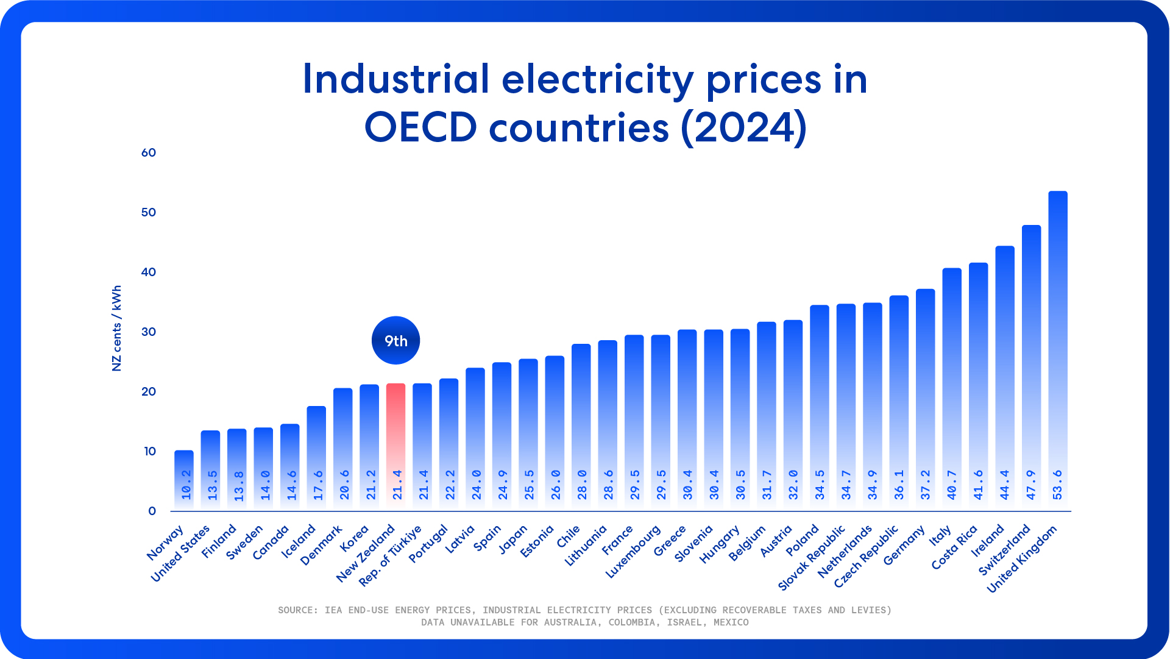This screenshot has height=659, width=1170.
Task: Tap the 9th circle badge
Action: (x=395, y=340)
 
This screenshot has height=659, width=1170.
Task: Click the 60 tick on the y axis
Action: (x=149, y=152)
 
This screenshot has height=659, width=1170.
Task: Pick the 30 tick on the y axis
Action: (x=149, y=332)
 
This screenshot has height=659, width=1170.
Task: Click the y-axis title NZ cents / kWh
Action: (x=116, y=328)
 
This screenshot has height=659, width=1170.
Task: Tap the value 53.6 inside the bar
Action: (x=1057, y=485)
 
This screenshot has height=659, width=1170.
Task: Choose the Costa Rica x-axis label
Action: (x=954, y=547)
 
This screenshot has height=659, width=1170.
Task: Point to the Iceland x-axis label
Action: (x=299, y=541)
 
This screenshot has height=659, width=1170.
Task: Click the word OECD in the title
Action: (x=420, y=127)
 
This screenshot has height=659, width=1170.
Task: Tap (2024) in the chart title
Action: (x=744, y=127)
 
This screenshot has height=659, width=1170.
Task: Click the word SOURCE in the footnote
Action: (x=297, y=610)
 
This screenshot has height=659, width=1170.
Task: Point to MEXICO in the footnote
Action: (x=731, y=622)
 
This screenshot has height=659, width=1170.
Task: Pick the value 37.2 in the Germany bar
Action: (x=925, y=485)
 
